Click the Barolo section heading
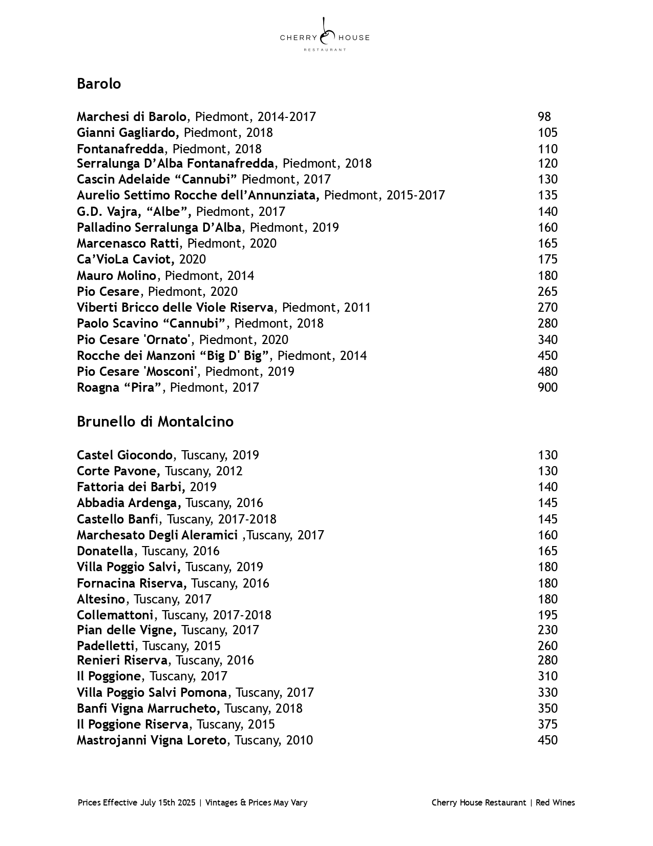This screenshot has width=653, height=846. point(99,84)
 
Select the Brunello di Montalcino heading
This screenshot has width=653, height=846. point(155,421)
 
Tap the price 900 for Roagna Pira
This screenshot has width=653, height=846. point(547,388)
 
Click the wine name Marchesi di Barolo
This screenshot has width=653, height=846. point(132,117)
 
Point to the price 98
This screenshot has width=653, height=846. point(544,117)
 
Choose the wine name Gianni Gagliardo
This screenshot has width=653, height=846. point(128,133)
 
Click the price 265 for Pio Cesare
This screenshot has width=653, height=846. point(547,292)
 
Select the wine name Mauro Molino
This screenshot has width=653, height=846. point(116,276)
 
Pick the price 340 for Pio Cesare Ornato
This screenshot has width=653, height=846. point(547,340)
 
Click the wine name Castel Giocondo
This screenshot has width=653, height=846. point(124,455)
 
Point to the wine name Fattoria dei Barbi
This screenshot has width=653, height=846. point(131,487)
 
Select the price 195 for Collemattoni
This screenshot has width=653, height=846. point(547,615)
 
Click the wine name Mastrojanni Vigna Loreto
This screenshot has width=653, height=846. point(151,740)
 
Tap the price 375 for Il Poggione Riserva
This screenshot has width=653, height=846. point(547,724)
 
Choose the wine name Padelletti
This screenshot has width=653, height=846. point(106,646)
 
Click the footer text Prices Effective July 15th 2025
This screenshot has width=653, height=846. point(137,803)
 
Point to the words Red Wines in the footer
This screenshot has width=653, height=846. point(555,803)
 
